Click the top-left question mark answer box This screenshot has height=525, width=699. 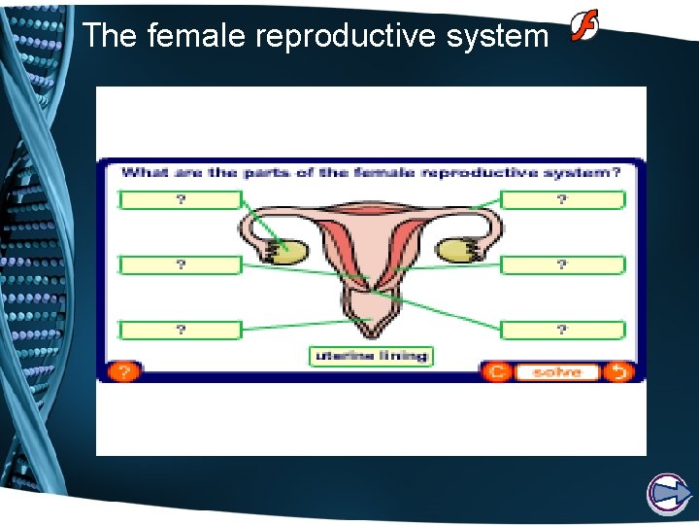point(181,200)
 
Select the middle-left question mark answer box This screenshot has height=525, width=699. point(181,264)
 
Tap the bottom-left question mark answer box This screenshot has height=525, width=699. point(181,330)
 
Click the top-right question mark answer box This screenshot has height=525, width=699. point(562,200)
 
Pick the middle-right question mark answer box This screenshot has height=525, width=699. point(562,264)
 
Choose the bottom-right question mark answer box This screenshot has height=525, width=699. point(562,330)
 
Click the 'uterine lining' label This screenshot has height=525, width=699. point(371,356)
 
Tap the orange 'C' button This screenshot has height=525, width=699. point(496,371)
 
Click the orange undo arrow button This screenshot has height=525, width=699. point(618,371)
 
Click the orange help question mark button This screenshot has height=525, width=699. point(124,371)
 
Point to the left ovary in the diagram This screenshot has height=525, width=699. point(288,252)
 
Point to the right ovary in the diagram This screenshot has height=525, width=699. point(455,251)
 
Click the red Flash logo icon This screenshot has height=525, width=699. point(583,25)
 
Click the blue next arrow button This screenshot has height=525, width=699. point(668,494)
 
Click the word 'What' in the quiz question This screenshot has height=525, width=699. point(144,172)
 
